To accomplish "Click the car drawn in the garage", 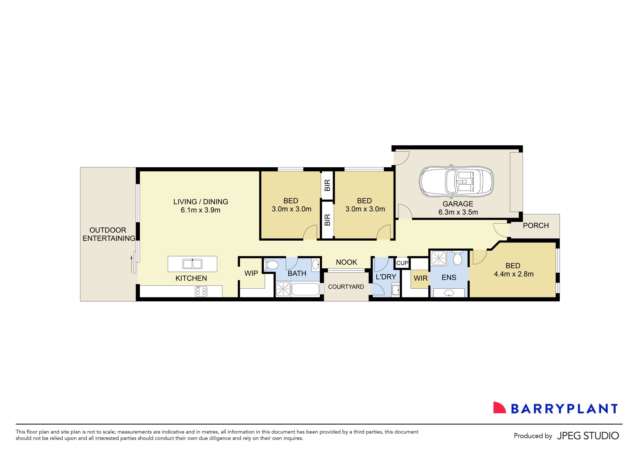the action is coord(456,182).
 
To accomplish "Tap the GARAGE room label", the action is coord(458,204).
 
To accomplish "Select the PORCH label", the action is coord(536,226).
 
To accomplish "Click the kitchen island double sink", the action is coord(192,264).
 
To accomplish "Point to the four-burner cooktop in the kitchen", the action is coord(201,292).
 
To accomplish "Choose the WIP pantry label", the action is coord(251,273).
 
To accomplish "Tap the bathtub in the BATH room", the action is coord(305,289).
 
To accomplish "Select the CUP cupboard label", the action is coord(402,263).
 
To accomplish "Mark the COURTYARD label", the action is coord(346,287).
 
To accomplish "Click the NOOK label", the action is coord(347,262).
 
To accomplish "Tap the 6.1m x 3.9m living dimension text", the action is coord(200,210).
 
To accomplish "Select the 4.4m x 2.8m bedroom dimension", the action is coord(514,274).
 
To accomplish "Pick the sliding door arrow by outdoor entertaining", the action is coord(131,264).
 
